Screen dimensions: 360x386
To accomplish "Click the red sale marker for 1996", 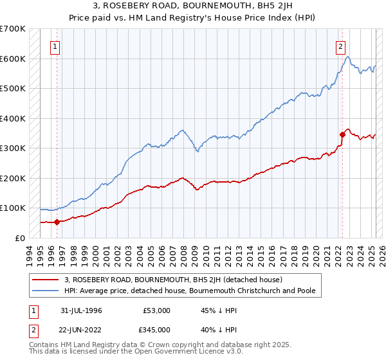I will (57, 222).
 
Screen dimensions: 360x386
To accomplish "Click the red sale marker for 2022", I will (342, 134).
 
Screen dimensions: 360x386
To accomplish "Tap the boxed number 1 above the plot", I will (55, 46).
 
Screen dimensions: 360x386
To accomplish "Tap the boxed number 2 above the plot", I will (340, 46).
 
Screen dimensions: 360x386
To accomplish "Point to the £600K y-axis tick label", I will (12, 59).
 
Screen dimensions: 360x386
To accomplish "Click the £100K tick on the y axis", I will (12, 208).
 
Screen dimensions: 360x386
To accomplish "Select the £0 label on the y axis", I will (19, 238).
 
